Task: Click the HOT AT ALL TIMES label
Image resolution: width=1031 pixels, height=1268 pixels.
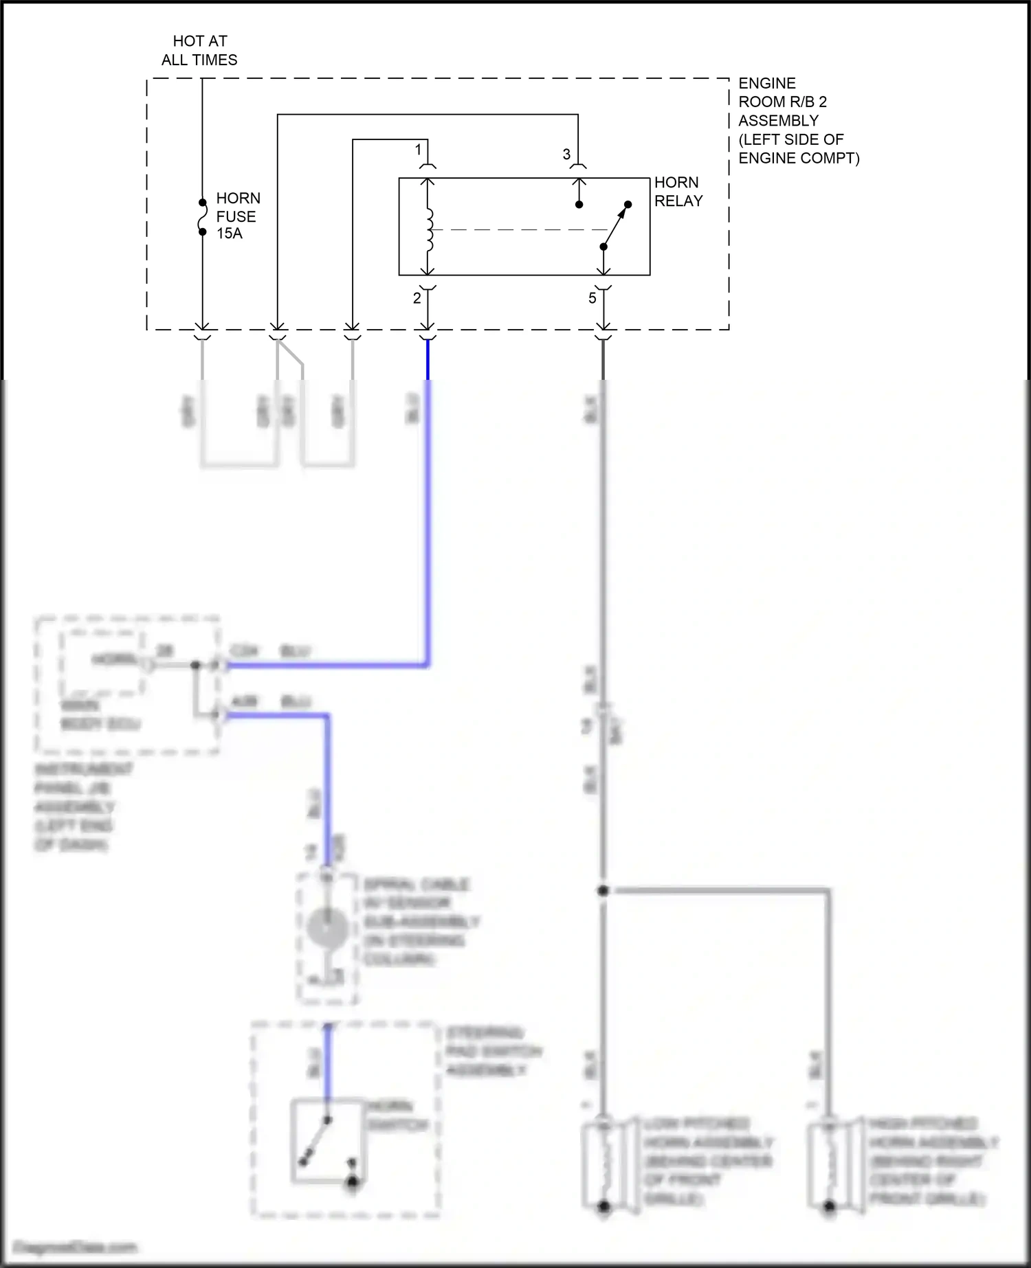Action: tap(199, 51)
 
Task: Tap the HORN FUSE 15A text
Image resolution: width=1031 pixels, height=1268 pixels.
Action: tap(237, 216)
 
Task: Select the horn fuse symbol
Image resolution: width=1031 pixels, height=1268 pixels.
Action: tap(202, 217)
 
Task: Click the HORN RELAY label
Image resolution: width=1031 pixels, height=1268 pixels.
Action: tap(678, 192)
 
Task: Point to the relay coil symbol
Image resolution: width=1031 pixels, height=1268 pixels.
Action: tap(429, 229)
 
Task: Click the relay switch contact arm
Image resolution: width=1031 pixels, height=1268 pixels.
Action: tap(615, 225)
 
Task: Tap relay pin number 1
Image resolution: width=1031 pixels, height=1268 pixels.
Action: tap(418, 149)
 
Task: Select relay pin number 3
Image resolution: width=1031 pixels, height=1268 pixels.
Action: tap(566, 155)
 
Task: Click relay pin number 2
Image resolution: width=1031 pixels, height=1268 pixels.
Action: tap(417, 298)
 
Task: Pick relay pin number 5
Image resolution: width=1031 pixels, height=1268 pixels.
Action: tap(592, 299)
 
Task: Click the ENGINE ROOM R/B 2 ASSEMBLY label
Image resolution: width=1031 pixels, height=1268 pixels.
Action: tap(797, 120)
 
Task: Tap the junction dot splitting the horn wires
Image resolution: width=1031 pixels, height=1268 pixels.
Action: tap(603, 891)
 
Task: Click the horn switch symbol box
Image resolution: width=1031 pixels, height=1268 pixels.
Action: tap(328, 1141)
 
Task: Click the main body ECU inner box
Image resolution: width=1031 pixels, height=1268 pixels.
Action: tap(103, 661)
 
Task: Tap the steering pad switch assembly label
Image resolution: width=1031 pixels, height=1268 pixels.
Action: tap(493, 1052)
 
